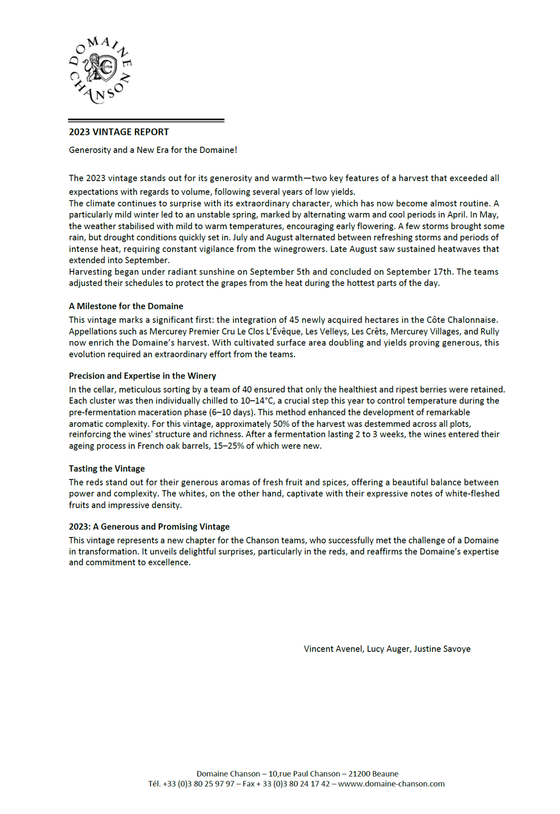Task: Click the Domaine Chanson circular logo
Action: click(100, 70)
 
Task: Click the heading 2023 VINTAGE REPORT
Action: click(119, 132)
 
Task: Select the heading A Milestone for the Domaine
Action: click(126, 306)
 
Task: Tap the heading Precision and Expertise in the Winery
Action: click(142, 376)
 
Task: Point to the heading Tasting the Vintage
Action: click(107, 469)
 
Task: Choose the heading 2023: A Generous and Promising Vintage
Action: click(149, 527)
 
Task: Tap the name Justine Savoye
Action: click(442, 649)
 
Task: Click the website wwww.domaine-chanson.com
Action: click(391, 784)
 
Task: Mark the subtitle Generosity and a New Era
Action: click(153, 150)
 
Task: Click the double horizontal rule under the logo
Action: click(146, 120)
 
